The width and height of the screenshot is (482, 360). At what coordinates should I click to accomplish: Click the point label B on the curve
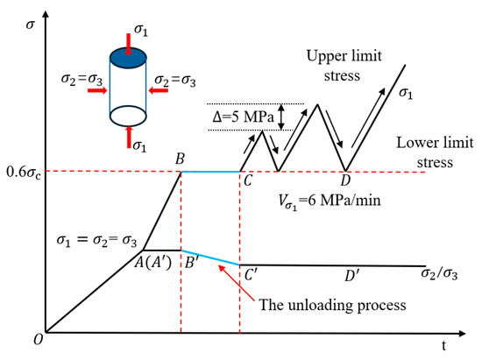tap(179, 159)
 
